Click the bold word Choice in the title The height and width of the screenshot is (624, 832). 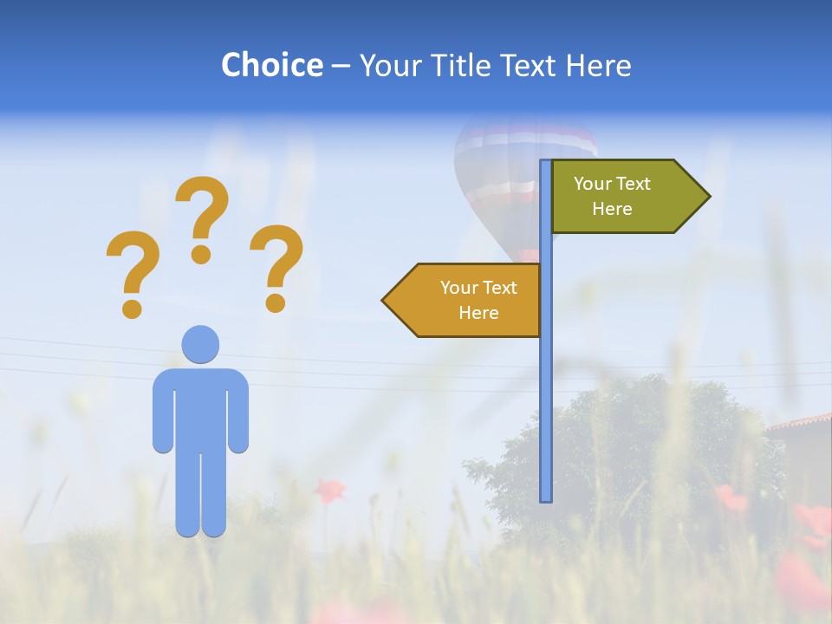[x=271, y=65]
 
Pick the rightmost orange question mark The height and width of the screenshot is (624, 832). [x=276, y=267]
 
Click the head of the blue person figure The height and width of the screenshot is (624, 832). [x=200, y=344]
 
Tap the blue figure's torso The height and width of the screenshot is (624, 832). [x=200, y=407]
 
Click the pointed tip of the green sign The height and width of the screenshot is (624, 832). [x=705, y=197]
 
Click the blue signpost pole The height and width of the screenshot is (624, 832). [x=546, y=390]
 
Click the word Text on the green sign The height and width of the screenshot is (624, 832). [x=632, y=184]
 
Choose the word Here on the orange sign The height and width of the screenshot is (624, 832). [x=478, y=313]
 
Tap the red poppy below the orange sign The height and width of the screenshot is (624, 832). [x=329, y=491]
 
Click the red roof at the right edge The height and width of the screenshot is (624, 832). [x=802, y=423]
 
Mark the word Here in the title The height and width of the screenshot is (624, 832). [x=598, y=65]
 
